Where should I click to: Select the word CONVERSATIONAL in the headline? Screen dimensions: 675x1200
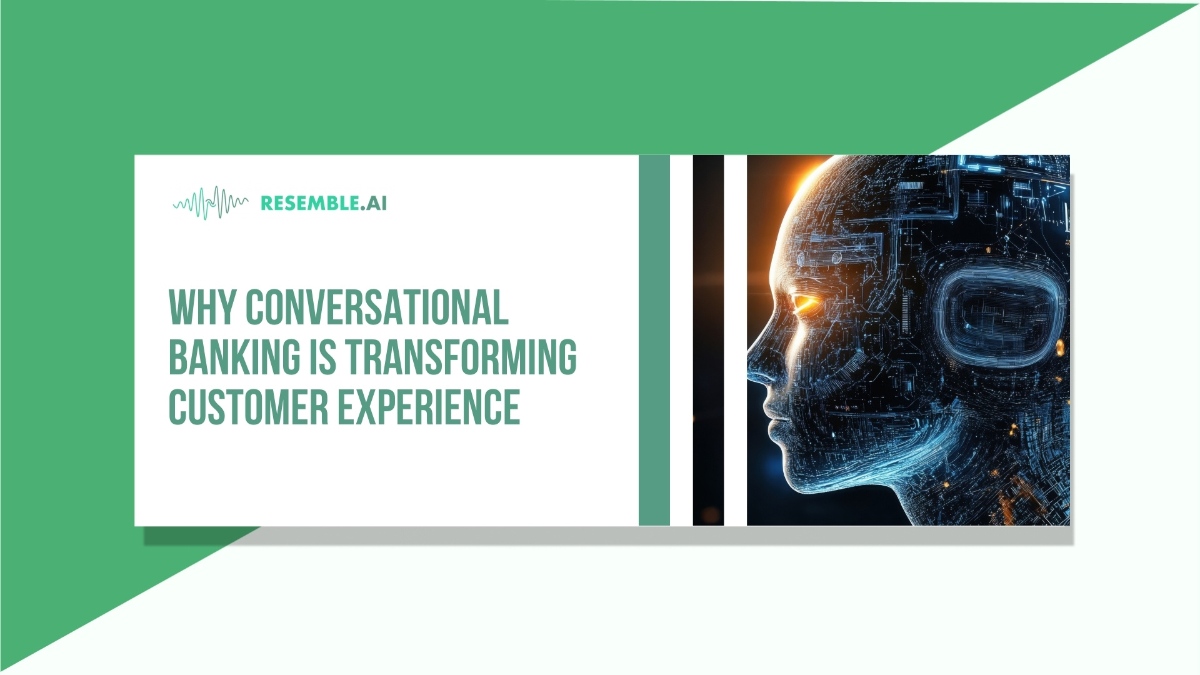click(x=376, y=307)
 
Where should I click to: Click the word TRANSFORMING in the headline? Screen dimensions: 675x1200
click(x=461, y=357)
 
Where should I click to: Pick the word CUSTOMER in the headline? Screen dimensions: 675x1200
click(x=248, y=407)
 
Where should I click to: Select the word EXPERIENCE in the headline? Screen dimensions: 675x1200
click(x=429, y=407)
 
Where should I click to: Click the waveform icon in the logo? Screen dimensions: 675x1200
click(x=210, y=203)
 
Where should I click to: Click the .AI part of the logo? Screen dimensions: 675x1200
click(x=374, y=203)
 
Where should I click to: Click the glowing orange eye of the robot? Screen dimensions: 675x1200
click(x=804, y=303)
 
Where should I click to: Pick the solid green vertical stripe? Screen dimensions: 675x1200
click(x=654, y=340)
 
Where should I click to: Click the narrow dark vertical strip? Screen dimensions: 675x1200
click(x=708, y=340)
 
